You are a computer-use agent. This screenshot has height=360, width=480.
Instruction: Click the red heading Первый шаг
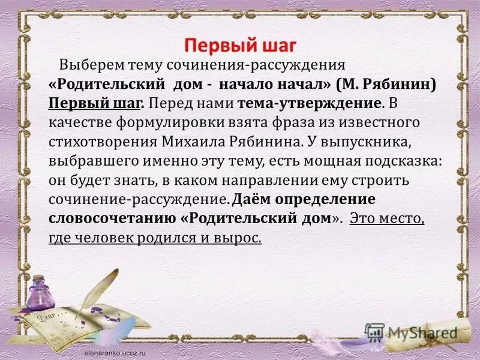239,46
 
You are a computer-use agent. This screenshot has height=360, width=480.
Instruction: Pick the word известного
385,123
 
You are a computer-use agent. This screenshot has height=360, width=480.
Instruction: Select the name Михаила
193,142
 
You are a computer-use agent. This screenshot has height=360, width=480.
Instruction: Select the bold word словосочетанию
108,219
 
